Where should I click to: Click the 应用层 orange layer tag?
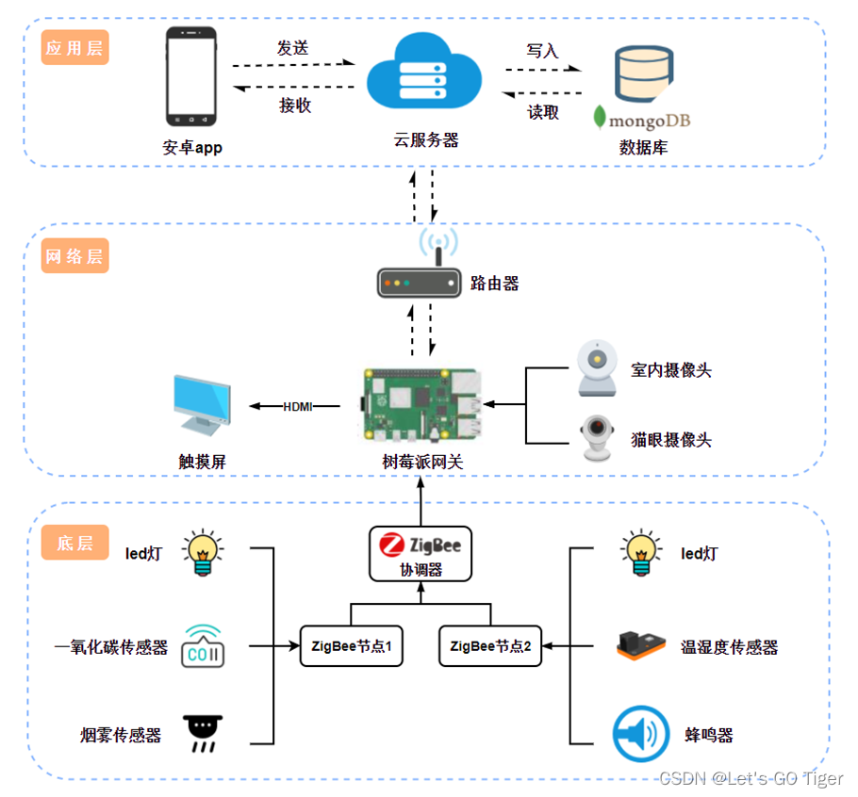click(x=74, y=48)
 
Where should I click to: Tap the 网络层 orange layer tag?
click(x=74, y=256)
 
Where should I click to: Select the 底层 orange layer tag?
click(x=74, y=543)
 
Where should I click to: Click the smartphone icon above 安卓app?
click(x=191, y=77)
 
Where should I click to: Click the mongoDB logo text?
click(x=637, y=121)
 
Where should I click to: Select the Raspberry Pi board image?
click(x=424, y=406)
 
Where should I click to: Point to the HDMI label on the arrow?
click(x=297, y=407)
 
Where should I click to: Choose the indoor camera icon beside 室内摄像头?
click(x=596, y=369)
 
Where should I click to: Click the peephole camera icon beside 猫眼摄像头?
click(x=596, y=439)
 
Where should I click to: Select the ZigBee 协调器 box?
click(x=420, y=553)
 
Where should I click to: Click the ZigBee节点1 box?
click(x=351, y=647)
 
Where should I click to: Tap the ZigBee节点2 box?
click(x=490, y=647)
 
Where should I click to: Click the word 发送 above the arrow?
click(x=292, y=48)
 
